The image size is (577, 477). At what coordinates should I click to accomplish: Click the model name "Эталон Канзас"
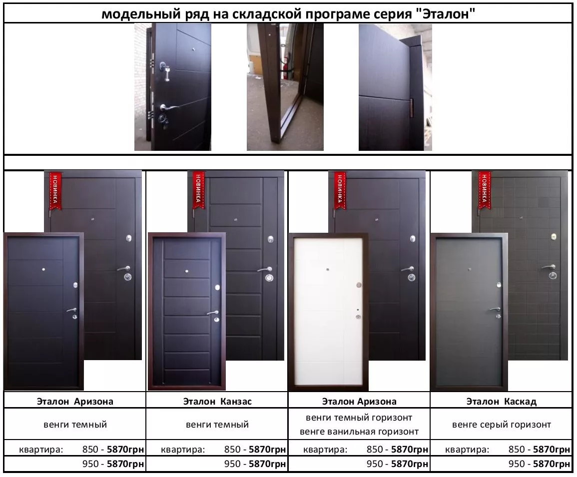[x=217, y=401]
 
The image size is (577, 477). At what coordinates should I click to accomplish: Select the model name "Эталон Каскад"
[x=502, y=401]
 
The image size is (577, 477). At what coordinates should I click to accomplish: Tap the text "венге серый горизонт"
[x=502, y=425]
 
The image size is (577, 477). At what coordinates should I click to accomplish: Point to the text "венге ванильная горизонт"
[x=359, y=432]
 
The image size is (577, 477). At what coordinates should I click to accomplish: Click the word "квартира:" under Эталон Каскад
[x=467, y=450]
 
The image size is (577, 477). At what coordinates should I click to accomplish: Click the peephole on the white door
[x=328, y=269]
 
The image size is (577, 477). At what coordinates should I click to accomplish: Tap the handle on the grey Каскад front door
[x=495, y=310]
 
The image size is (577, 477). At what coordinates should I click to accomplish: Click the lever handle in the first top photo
[x=168, y=107]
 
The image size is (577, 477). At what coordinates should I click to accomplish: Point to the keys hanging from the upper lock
[x=167, y=73]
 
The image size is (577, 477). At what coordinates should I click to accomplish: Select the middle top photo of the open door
[x=285, y=87]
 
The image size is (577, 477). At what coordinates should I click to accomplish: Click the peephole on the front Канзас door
[x=186, y=271]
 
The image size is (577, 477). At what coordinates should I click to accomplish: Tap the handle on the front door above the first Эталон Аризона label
[x=72, y=310]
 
